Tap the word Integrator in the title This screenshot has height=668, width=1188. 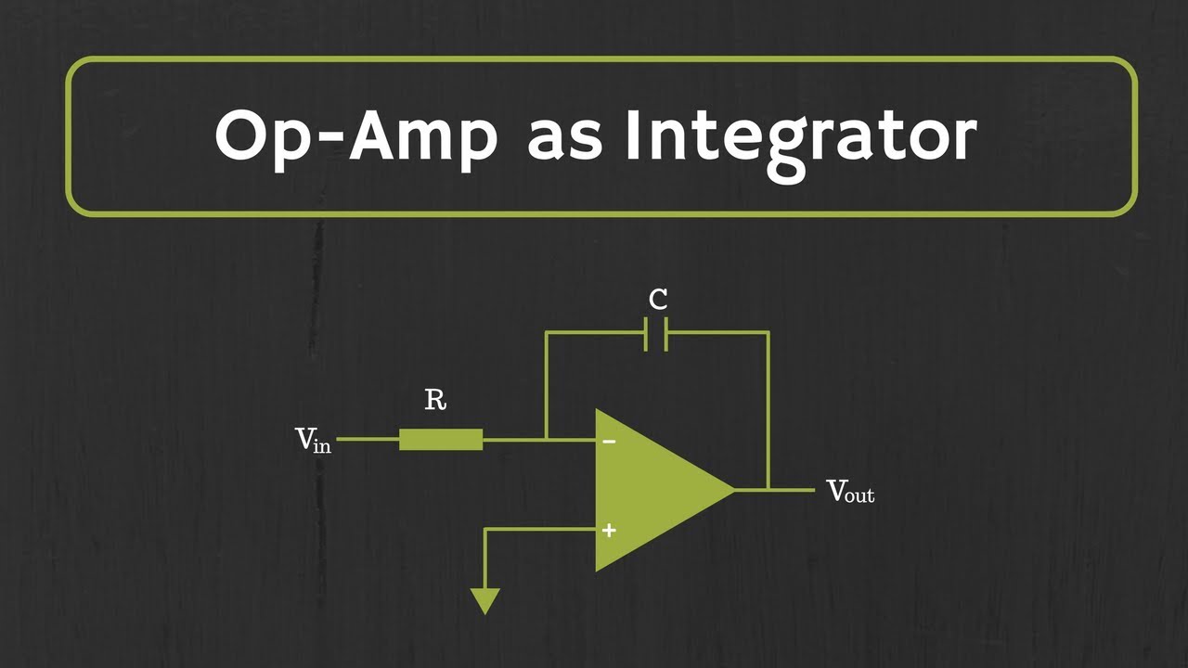[x=800, y=137]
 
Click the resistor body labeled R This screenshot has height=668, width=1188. [x=441, y=439]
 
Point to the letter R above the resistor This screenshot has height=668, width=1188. [x=435, y=401]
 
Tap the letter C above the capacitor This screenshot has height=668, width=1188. [x=658, y=300]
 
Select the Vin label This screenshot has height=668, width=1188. [x=313, y=440]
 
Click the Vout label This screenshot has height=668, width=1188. [x=850, y=491]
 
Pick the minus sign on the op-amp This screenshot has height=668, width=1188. [x=609, y=442]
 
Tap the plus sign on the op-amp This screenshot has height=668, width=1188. [x=609, y=531]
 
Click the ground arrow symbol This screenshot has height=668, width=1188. [x=485, y=601]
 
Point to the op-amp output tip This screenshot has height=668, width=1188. [x=733, y=489]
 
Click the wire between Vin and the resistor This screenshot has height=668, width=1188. [x=368, y=439]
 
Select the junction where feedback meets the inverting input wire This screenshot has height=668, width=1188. [x=547, y=439]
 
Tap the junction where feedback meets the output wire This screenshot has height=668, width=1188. [x=768, y=489]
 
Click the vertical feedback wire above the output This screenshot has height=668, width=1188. [x=768, y=408]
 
